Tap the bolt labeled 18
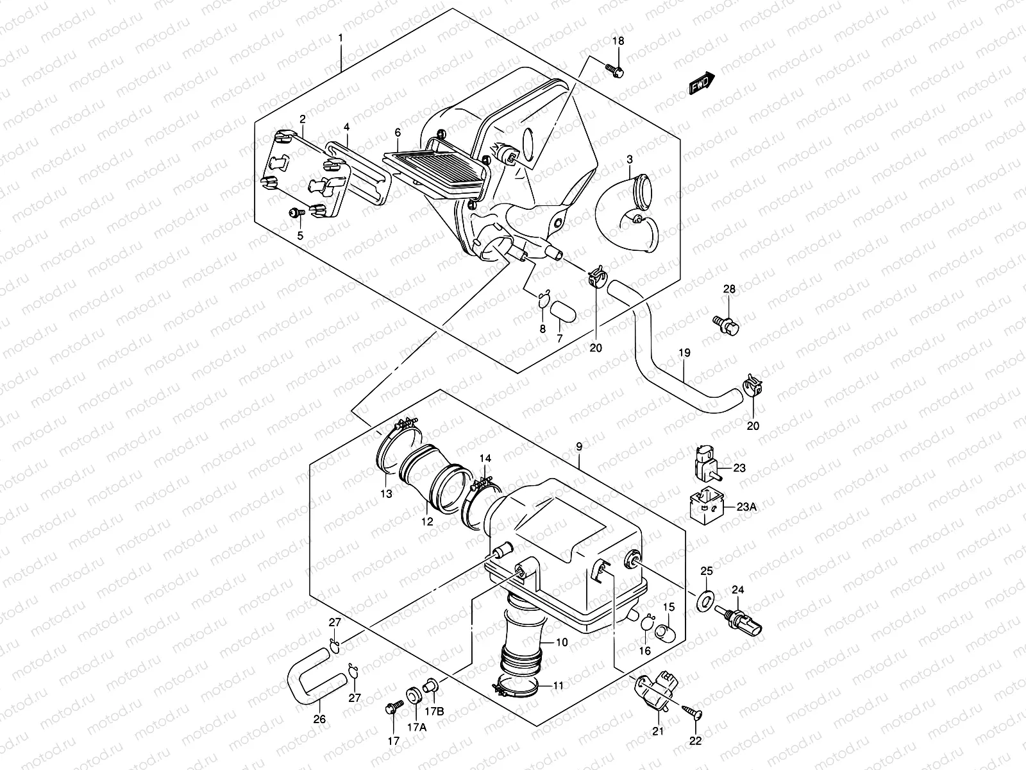point(614,69)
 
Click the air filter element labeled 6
point(442,171)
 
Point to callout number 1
point(341,38)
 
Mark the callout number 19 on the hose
point(684,352)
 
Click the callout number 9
point(579,445)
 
